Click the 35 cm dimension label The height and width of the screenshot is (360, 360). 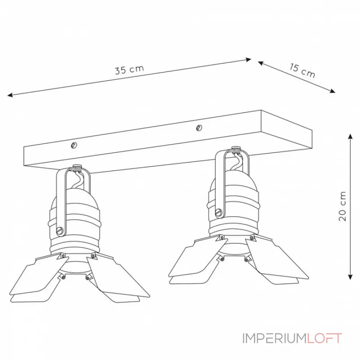[x=129, y=70]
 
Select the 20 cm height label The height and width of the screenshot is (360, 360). [x=343, y=206]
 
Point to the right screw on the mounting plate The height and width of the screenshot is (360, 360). [x=199, y=129]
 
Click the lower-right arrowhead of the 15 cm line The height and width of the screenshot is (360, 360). [x=333, y=91]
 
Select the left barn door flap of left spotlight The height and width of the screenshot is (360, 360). [x=36, y=279]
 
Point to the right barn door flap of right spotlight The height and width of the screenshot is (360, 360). [x=274, y=265]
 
